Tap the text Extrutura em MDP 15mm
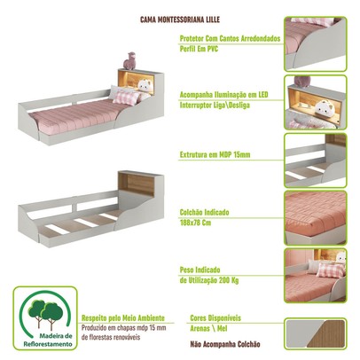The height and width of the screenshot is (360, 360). click(217, 155)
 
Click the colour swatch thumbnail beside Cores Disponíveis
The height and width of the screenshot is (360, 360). click(320, 334)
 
